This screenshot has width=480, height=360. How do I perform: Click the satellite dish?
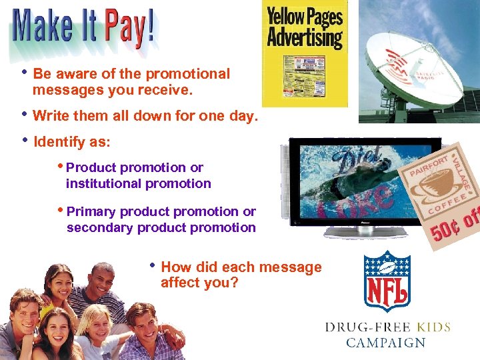(407, 67)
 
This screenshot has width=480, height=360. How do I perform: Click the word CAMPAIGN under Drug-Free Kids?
(385, 343)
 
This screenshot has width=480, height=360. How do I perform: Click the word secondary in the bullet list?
(100, 227)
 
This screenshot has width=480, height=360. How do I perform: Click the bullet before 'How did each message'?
(153, 265)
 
